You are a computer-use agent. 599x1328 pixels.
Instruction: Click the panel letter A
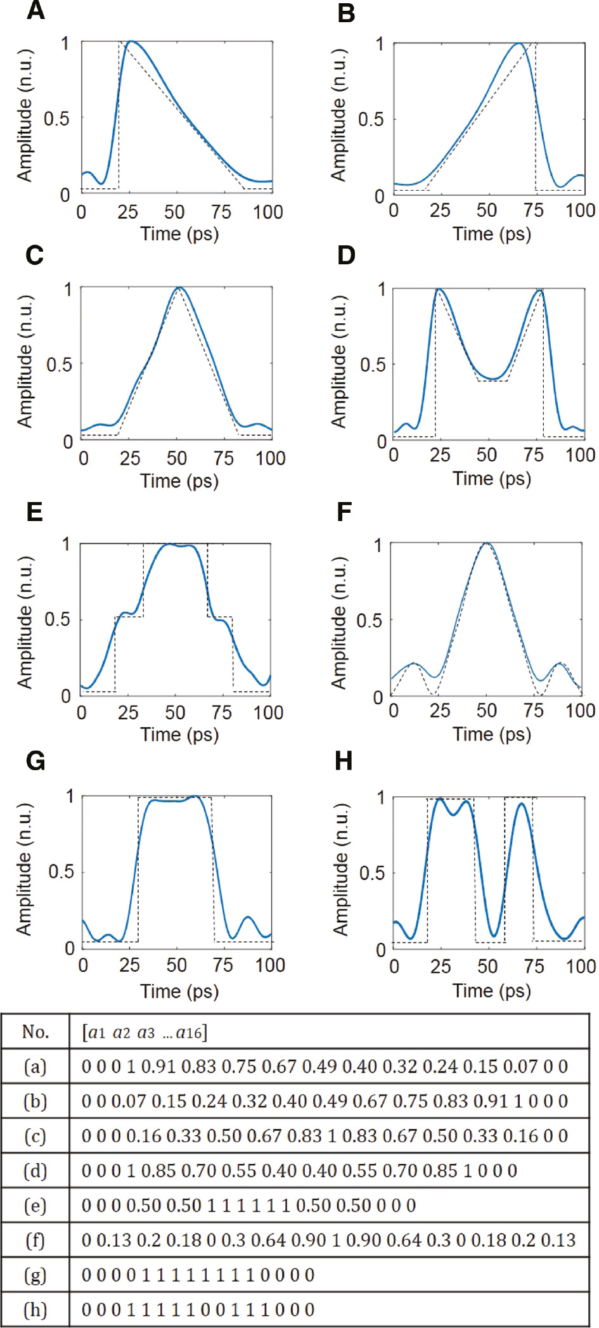[x=35, y=11]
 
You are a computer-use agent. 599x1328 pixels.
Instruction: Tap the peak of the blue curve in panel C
[x=179, y=288]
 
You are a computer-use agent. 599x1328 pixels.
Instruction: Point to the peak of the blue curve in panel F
[x=486, y=543]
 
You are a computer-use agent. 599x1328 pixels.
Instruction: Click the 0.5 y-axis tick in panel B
[x=370, y=119]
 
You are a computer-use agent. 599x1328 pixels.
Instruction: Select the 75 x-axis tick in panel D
[x=534, y=455]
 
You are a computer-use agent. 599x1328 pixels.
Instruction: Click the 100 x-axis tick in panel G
[x=269, y=965]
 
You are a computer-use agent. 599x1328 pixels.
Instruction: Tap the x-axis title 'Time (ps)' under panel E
[x=179, y=735]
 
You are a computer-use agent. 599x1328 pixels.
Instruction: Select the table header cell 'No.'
[x=35, y=1033]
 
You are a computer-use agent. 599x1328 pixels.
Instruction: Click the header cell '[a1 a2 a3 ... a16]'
[x=145, y=1033]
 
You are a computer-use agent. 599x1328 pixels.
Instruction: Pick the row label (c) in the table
[x=35, y=1137]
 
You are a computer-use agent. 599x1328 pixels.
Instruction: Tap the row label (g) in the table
[x=35, y=1275]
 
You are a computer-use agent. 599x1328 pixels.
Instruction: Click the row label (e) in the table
[x=35, y=1206]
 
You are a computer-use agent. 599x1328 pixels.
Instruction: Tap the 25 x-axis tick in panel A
[x=127, y=212]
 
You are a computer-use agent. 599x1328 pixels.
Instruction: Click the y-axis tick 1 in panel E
[x=66, y=544]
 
